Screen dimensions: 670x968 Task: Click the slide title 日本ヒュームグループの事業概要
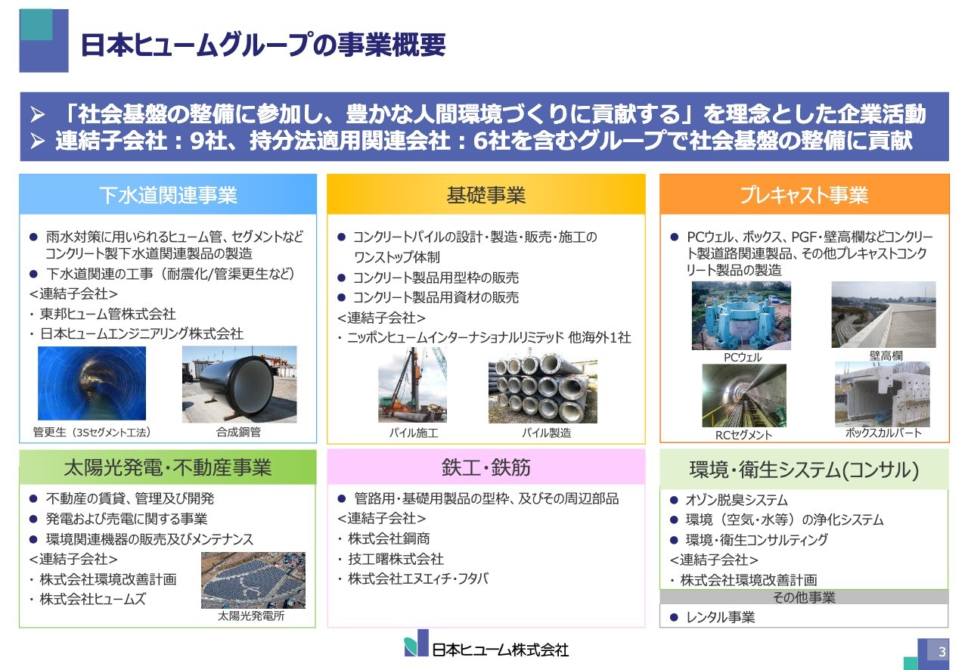click(262, 45)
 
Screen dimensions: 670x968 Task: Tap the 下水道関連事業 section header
click(168, 195)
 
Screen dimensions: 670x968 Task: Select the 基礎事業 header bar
click(486, 195)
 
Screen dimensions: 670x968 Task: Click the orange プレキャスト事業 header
click(804, 195)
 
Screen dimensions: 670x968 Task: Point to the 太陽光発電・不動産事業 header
click(168, 467)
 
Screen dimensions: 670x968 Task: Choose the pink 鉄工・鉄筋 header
click(486, 467)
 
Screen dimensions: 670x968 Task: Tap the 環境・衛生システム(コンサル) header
click(804, 470)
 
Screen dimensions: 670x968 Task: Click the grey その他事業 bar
click(804, 597)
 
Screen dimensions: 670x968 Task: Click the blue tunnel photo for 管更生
click(81, 383)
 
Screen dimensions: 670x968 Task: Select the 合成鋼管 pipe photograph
click(239, 384)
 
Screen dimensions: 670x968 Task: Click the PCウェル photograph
click(741, 315)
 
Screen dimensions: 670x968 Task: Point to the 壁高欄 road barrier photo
click(883, 315)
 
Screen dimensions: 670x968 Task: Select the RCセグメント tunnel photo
click(743, 395)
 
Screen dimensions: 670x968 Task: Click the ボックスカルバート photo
click(882, 394)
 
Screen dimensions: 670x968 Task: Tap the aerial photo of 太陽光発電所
click(253, 580)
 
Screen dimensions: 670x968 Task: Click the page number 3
click(942, 653)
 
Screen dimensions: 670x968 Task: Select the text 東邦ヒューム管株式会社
click(107, 314)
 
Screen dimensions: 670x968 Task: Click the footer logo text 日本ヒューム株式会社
click(499, 650)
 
